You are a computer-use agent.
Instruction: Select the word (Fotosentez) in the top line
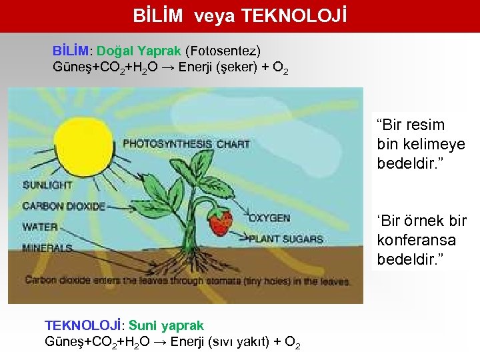click(223, 51)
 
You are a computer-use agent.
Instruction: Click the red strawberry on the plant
click(218, 223)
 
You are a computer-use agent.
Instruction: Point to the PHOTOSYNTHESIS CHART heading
click(186, 143)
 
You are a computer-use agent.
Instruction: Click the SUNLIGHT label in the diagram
click(48, 185)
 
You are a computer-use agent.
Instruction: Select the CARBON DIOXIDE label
click(63, 206)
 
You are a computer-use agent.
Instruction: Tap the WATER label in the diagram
click(40, 227)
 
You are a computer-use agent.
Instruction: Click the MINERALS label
click(47, 247)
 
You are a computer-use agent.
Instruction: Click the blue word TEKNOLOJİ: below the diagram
click(84, 325)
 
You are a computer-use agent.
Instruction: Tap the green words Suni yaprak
click(166, 325)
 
